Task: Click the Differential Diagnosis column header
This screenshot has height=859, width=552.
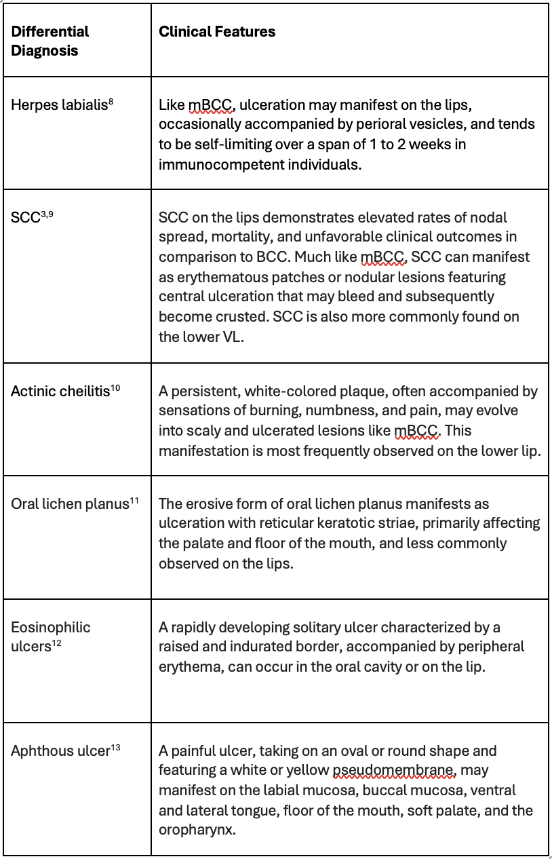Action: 50,41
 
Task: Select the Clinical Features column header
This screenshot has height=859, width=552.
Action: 217,32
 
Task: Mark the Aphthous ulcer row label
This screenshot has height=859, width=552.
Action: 60,751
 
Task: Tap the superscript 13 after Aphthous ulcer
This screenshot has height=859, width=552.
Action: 116,748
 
